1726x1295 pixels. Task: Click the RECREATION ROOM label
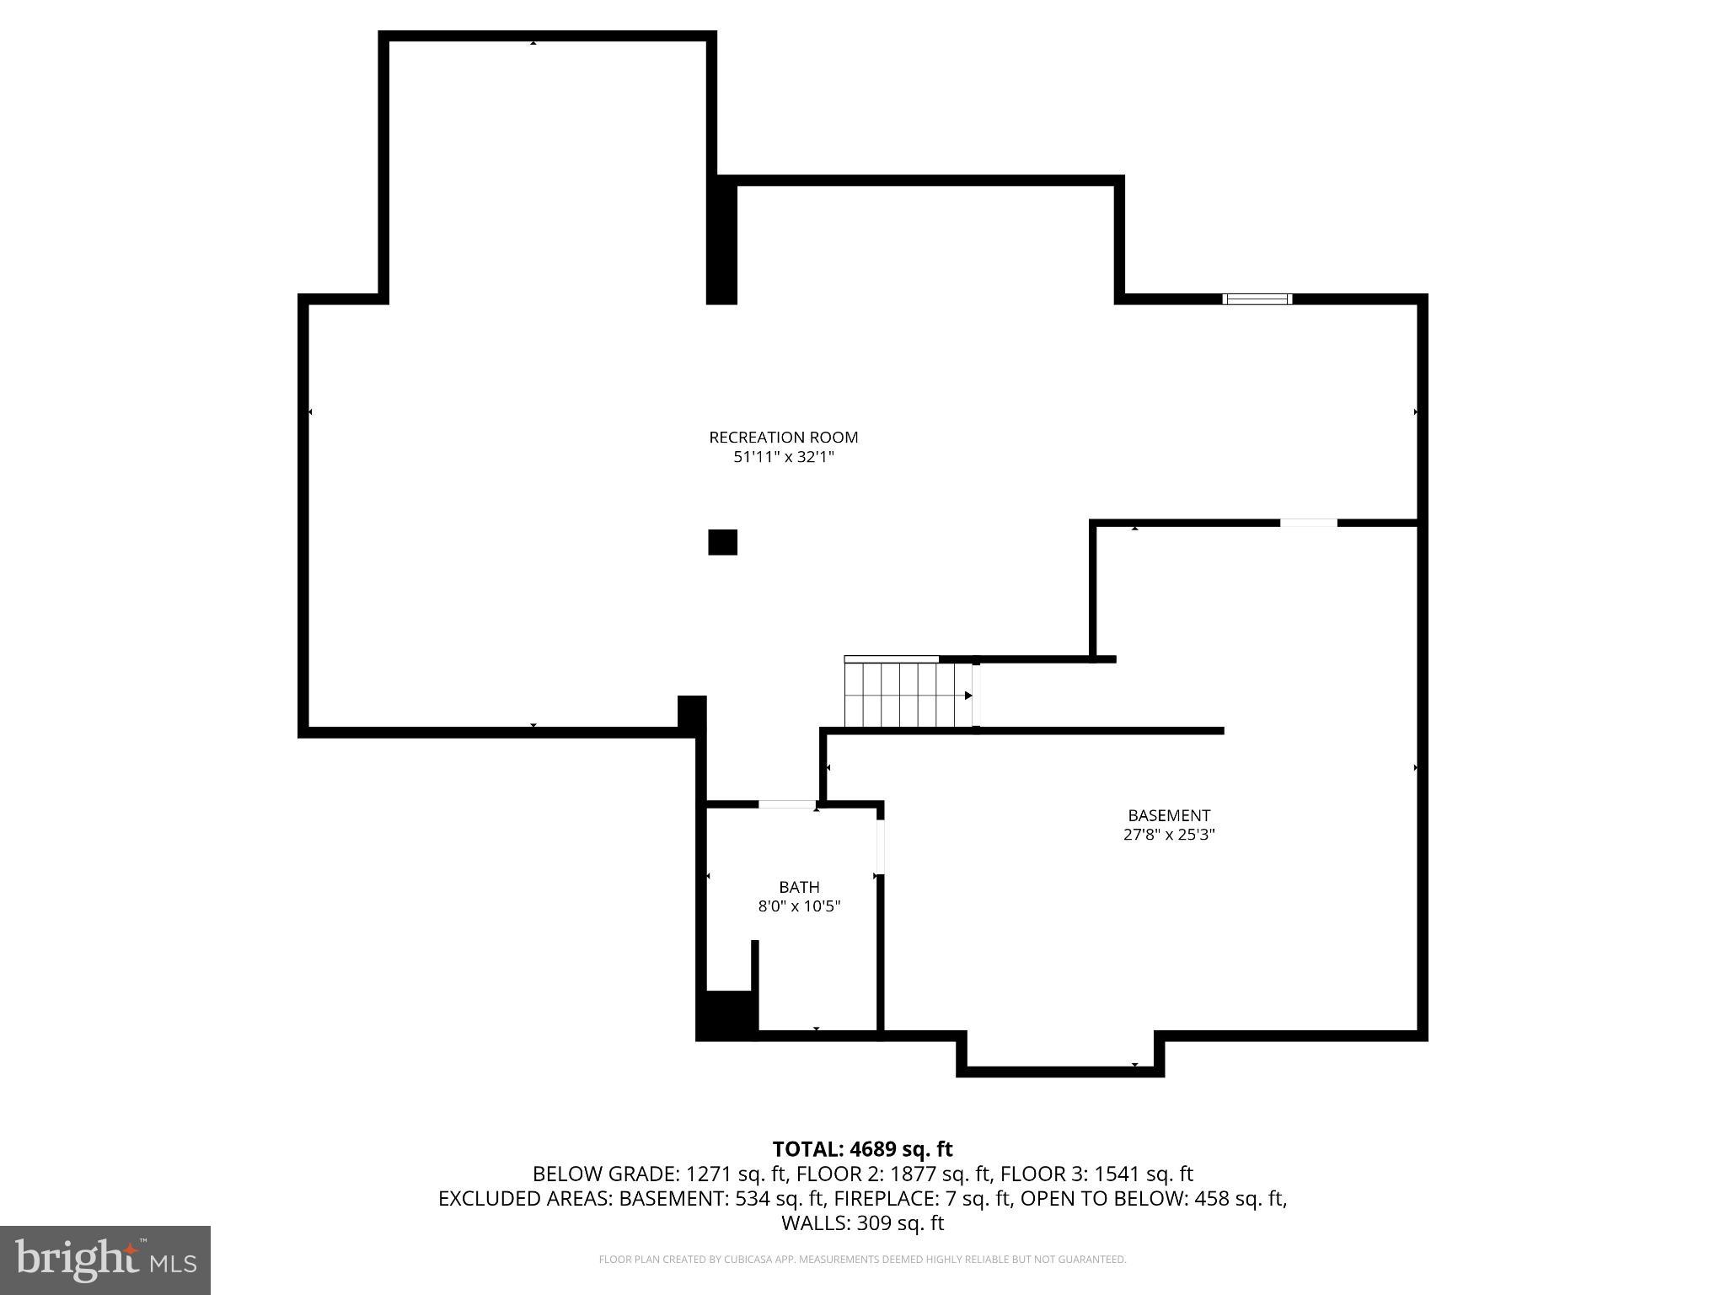point(783,437)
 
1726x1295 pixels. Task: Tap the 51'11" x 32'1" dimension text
point(783,457)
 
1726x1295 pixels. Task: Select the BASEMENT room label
point(1168,815)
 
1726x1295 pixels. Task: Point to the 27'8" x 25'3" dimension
point(1168,835)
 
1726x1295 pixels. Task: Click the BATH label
point(798,887)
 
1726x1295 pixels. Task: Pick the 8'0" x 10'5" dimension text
point(799,906)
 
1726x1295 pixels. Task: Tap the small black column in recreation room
point(722,542)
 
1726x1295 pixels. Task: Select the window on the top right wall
point(1257,298)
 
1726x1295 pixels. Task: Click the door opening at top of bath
point(787,804)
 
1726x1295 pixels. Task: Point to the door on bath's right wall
point(880,847)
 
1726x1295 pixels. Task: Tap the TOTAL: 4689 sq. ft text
point(862,1149)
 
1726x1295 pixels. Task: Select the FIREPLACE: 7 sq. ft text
point(928,1198)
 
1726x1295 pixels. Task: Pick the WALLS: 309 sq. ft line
point(862,1222)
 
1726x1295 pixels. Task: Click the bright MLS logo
point(105,1260)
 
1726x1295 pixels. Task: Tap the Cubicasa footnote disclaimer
point(862,1260)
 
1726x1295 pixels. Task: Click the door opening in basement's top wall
point(1308,524)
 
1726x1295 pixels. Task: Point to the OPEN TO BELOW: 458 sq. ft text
point(1153,1198)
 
